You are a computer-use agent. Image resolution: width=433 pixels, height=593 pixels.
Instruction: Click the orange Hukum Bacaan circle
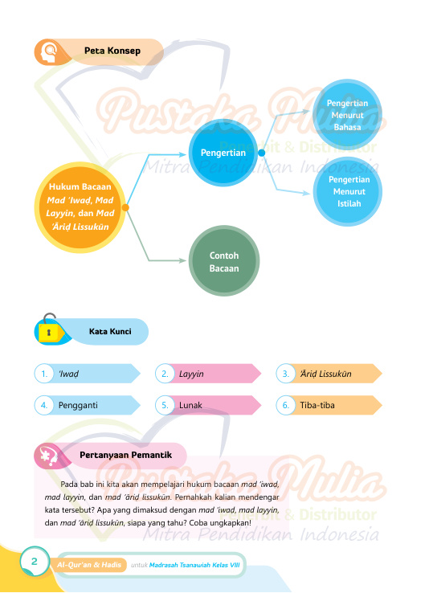[80, 207]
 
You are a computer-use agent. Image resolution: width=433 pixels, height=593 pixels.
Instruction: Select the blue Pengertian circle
[223, 153]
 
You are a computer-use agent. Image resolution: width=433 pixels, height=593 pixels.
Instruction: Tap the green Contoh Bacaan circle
[224, 261]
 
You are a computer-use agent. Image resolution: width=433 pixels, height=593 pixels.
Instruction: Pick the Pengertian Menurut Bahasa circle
[347, 115]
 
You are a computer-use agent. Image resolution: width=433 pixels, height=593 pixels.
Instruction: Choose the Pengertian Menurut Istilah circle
[349, 191]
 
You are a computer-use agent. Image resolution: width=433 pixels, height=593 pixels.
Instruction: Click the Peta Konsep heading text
[112, 51]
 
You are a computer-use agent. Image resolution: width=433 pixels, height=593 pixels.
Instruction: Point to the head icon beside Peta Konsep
[49, 52]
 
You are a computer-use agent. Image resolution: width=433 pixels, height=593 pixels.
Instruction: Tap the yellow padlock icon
[49, 329]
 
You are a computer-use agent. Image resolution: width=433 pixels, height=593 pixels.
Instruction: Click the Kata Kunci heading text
[110, 331]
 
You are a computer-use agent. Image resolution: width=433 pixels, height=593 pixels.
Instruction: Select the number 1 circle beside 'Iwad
[44, 374]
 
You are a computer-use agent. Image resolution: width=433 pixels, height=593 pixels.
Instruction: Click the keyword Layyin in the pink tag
[191, 374]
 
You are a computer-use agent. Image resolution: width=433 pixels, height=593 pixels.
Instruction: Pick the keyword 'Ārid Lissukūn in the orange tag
[325, 374]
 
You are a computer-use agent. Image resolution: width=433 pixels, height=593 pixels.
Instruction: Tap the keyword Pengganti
[78, 406]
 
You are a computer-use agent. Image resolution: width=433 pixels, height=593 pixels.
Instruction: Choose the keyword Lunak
[190, 405]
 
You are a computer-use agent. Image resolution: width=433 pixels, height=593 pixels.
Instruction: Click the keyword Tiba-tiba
[317, 405]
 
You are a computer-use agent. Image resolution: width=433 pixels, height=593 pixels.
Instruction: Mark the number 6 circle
[285, 405]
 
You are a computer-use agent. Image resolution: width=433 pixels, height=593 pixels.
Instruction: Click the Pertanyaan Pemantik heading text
[125, 455]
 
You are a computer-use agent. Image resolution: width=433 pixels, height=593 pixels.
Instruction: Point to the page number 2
[35, 561]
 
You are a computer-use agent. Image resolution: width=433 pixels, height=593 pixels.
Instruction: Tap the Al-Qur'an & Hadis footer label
[89, 565]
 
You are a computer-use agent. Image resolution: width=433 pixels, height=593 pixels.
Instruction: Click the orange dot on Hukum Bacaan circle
[125, 207]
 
